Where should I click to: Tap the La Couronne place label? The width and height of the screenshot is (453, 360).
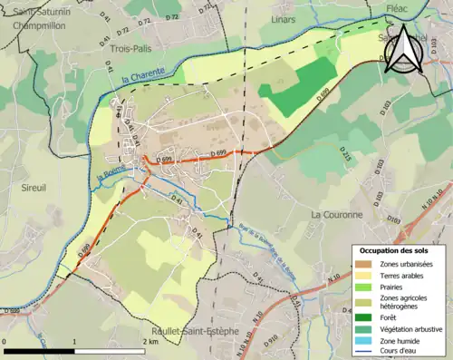click(336, 215)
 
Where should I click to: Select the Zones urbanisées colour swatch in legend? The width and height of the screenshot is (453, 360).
click(362, 264)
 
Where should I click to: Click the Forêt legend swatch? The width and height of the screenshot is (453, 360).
click(362, 317)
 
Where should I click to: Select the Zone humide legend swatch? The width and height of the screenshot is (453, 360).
click(362, 341)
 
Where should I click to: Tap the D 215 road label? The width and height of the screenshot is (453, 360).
click(344, 155)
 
